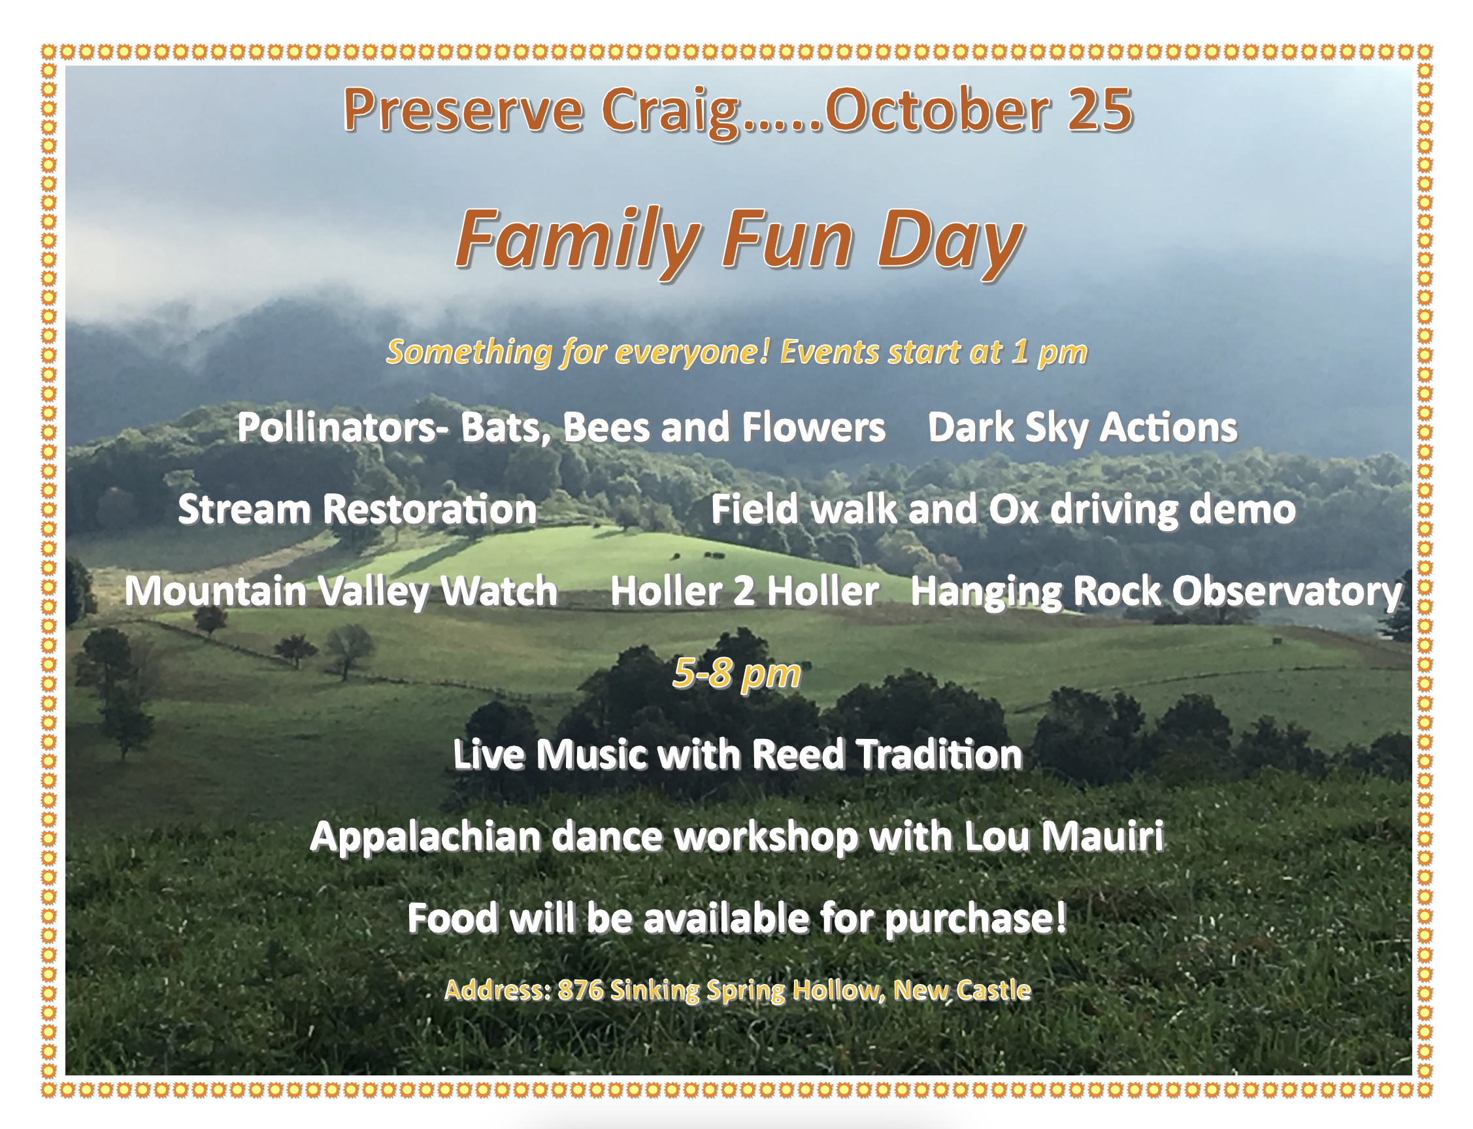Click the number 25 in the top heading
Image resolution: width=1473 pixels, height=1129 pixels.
(1100, 110)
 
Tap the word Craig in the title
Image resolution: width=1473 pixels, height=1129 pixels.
(670, 113)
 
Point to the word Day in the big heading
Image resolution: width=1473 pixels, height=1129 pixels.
(950, 242)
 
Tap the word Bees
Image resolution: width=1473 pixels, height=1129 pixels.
(606, 427)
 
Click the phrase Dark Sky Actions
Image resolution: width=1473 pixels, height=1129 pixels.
(1083, 428)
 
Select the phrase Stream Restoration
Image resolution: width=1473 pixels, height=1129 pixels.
(357, 510)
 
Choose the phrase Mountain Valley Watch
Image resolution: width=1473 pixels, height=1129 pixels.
(340, 592)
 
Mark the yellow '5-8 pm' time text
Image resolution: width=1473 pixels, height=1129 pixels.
(736, 674)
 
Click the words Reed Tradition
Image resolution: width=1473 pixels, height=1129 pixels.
(886, 755)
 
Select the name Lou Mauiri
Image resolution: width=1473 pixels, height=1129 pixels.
(1064, 837)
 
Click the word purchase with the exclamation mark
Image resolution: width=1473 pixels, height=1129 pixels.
(975, 919)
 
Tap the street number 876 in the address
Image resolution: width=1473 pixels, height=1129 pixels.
(580, 990)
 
